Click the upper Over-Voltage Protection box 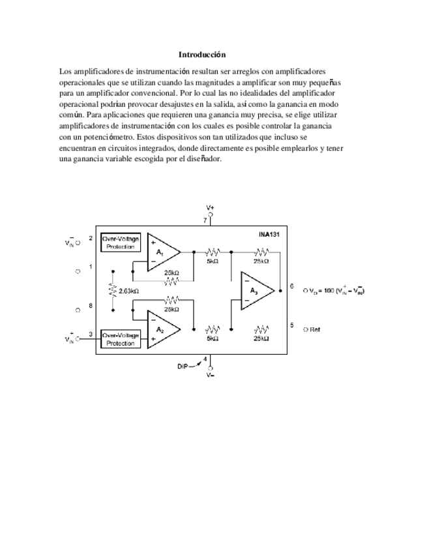point(121,243)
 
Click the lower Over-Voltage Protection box point(121,338)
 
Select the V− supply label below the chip point(210,376)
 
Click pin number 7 point(205,220)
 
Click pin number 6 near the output point(291,286)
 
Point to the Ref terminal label point(315,329)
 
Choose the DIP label point(183,366)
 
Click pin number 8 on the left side point(90,306)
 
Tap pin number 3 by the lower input point(90,335)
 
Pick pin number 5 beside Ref point(291,324)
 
